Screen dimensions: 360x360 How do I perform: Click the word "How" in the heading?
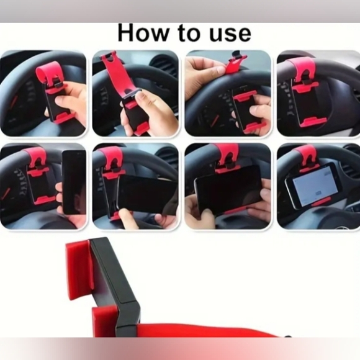[x=143, y=33]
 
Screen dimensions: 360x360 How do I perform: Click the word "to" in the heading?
[x=189, y=34]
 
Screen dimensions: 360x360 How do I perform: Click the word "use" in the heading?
[x=230, y=35]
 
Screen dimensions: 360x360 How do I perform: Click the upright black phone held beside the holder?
[x=74, y=182]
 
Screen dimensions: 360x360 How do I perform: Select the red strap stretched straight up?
[x=114, y=73]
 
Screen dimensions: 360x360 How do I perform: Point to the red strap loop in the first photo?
[x=48, y=73]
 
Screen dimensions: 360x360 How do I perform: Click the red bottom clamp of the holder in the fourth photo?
[x=313, y=122]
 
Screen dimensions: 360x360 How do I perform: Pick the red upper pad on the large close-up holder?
[x=79, y=269]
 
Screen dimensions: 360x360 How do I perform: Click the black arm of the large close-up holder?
[x=115, y=282]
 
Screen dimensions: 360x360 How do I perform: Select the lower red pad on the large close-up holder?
[x=106, y=321]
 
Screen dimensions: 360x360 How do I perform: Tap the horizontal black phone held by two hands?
[x=228, y=190]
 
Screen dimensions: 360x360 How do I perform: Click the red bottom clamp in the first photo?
[x=63, y=117]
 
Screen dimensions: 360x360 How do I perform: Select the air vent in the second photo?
[x=163, y=65]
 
